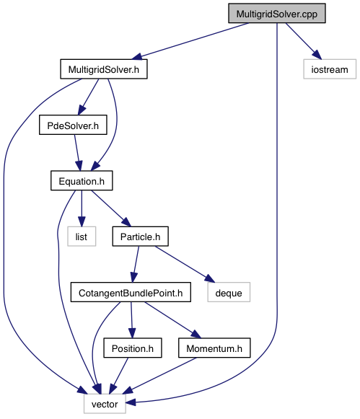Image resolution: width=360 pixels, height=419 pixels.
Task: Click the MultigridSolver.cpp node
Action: (276, 14)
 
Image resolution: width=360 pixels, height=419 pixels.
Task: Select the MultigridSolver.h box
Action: (104, 69)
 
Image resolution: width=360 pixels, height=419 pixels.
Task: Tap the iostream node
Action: (330, 69)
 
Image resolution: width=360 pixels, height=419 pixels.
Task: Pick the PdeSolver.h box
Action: (73, 125)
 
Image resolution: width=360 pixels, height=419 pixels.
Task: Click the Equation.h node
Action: (82, 181)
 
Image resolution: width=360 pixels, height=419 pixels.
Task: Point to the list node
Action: (82, 237)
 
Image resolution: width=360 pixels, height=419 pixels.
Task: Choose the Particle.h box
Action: (140, 237)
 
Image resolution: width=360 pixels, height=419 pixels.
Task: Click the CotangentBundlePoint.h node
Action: (131, 292)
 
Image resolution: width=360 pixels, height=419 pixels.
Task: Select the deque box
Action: (229, 292)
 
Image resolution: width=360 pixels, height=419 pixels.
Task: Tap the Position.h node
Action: (133, 348)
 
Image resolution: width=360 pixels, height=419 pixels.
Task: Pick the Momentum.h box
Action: (214, 348)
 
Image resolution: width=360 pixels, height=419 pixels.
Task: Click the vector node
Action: (105, 404)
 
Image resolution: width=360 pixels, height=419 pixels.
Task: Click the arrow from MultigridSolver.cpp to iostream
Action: (304, 41)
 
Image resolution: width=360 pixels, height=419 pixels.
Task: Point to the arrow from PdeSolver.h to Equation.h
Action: (78, 153)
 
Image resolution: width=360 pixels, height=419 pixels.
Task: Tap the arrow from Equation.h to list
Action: (82, 208)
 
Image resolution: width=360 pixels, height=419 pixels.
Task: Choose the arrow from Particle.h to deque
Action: (185, 264)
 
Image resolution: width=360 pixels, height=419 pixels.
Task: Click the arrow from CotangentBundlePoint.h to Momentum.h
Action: (172, 320)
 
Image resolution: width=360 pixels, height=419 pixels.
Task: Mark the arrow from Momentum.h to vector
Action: (159, 376)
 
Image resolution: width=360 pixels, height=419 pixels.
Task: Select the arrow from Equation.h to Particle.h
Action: (111, 208)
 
